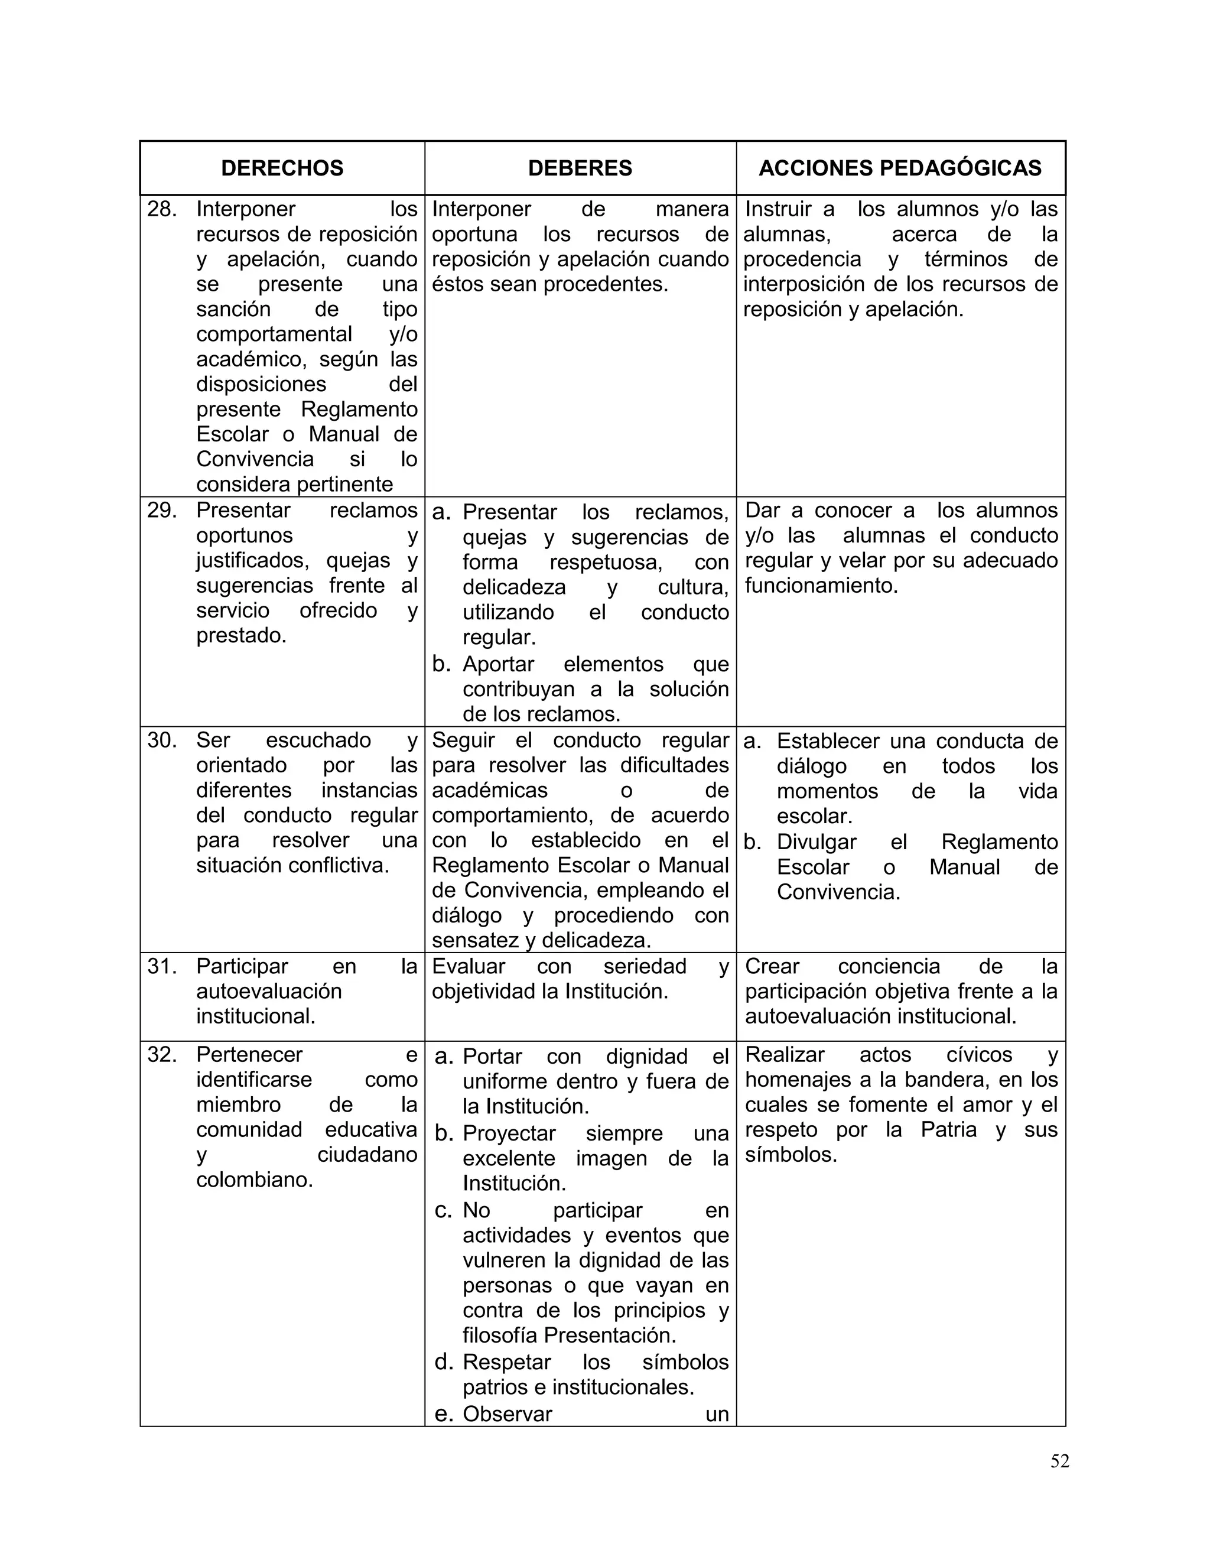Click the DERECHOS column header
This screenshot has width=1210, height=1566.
coord(282,168)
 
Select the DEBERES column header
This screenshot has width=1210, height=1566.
coord(580,168)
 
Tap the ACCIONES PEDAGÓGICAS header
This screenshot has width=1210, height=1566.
coord(900,168)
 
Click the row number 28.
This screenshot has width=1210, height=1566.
coord(162,209)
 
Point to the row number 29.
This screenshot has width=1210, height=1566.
coord(162,511)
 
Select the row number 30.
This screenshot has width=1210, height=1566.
coord(162,740)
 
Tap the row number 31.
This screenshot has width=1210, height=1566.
coord(162,967)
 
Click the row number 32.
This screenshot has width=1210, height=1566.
coord(162,1055)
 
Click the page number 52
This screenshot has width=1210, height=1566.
coord(1059,1461)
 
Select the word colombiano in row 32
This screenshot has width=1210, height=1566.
coord(255,1180)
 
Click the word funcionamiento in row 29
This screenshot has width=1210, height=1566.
coord(821,586)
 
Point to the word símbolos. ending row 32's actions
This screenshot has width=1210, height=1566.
coord(791,1155)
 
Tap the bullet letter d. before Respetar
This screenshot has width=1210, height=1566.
coord(444,1362)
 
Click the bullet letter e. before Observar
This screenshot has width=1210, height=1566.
coord(444,1414)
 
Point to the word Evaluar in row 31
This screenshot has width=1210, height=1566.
coord(468,967)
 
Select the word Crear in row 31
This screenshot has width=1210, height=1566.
coord(772,967)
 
